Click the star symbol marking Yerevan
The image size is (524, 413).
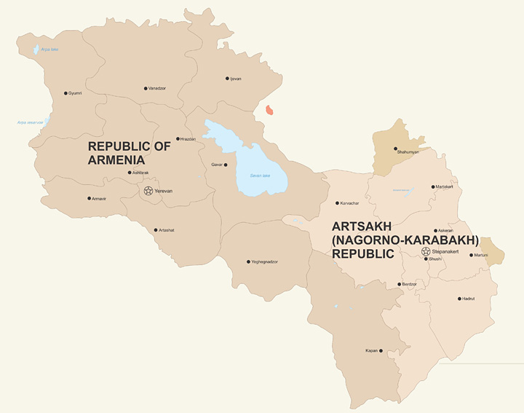(148, 191)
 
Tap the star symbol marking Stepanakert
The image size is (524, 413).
(426, 251)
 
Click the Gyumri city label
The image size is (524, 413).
(75, 93)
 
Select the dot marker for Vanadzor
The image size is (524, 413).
(146, 88)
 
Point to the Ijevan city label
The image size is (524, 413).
(236, 79)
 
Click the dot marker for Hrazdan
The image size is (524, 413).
(178, 138)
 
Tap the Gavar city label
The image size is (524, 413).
(216, 165)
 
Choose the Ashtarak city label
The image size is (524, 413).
(140, 173)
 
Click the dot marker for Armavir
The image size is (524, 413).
(90, 198)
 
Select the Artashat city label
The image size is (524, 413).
(166, 230)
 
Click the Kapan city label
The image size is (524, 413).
(371, 351)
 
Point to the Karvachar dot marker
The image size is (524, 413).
(337, 203)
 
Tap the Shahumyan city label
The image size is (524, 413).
(408, 152)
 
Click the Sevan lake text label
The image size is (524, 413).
(260, 176)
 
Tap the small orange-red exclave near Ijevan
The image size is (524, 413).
(270, 111)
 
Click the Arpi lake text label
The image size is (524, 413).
(49, 49)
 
